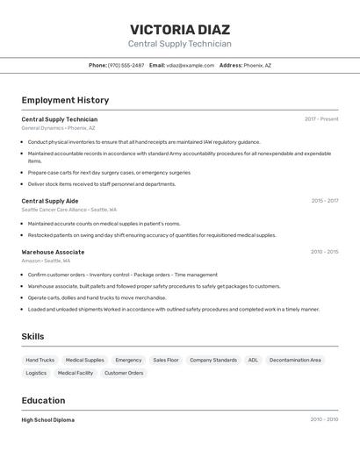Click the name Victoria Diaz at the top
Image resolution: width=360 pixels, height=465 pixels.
tap(179, 29)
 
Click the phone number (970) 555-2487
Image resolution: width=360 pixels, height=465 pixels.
tap(126, 65)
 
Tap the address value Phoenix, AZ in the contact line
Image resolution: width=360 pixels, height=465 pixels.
tap(257, 65)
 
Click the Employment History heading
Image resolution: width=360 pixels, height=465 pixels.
tap(65, 100)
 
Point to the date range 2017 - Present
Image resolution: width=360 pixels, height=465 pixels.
tap(321, 119)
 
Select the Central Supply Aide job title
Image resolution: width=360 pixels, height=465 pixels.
tap(49, 201)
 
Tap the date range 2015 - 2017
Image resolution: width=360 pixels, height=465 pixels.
tap(324, 201)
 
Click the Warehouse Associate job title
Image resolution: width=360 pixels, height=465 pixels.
tap(53, 252)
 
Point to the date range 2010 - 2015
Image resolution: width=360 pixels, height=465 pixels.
tap(324, 252)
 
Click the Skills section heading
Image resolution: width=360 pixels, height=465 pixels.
tap(32, 336)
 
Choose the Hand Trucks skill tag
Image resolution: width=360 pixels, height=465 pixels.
tap(40, 360)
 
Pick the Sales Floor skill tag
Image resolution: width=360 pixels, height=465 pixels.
tap(166, 360)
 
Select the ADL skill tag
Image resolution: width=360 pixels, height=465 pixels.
tap(253, 360)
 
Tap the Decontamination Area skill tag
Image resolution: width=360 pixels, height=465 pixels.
tap(295, 360)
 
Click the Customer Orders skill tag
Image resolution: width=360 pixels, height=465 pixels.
tap(124, 373)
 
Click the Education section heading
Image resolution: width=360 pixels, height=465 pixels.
tap(43, 400)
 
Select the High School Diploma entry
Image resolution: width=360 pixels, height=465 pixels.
tap(47, 420)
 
